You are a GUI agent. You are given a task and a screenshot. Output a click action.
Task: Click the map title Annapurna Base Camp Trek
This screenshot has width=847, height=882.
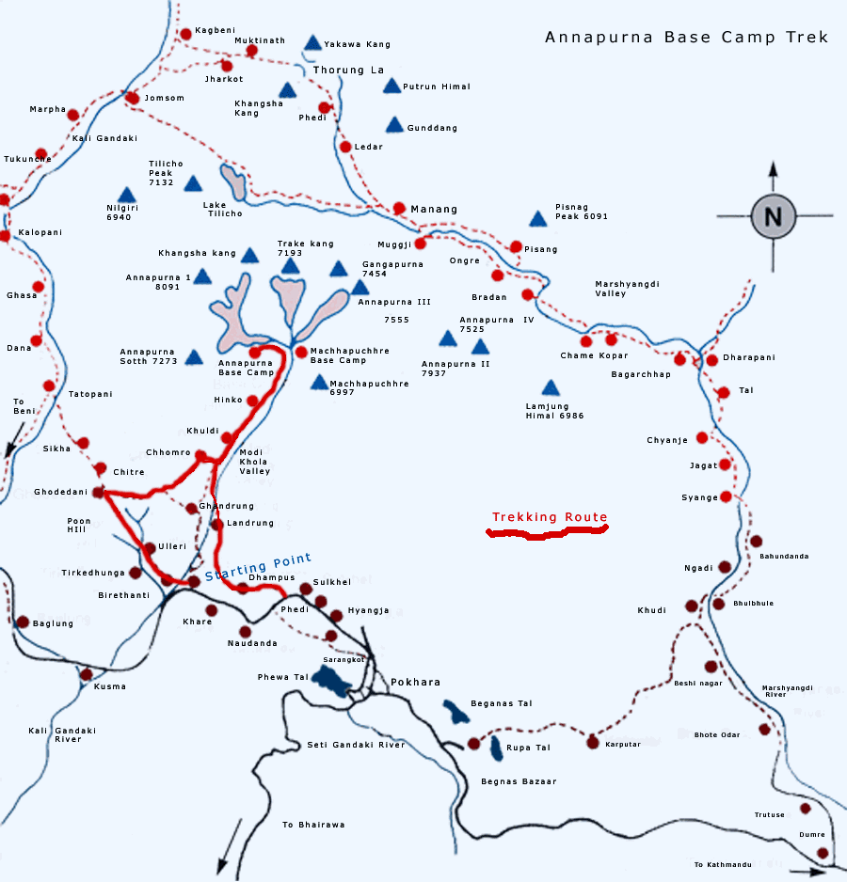point(686,38)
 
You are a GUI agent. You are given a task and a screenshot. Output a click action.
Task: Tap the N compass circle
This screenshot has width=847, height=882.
point(773,216)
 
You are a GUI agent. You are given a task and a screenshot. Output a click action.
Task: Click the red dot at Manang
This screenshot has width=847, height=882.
point(399,208)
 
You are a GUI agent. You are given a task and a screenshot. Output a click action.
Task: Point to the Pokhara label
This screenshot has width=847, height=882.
point(415,683)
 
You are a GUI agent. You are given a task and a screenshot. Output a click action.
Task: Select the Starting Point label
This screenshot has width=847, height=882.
point(258,567)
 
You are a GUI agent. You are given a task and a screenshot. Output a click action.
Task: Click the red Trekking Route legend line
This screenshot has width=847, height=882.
point(546,533)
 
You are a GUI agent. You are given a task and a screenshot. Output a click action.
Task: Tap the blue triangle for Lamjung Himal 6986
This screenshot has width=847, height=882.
point(551,388)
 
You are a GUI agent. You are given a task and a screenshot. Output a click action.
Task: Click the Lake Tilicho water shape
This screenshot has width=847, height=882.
point(234,181)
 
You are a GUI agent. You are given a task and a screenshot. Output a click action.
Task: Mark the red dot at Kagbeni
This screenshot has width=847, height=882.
point(185,34)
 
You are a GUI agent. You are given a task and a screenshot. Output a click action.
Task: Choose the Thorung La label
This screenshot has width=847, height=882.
point(348,70)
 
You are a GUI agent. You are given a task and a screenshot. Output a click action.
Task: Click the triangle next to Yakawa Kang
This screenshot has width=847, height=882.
point(312,42)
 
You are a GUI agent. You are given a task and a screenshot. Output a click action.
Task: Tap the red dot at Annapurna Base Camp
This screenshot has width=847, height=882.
point(254,352)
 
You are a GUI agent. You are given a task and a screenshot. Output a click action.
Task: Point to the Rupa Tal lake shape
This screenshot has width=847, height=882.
point(497,748)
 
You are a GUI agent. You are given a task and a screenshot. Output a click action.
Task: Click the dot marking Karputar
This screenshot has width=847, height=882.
point(592,742)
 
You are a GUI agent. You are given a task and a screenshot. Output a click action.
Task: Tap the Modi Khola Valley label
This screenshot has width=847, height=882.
point(254,462)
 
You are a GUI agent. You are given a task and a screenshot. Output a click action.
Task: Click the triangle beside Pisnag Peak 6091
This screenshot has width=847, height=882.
point(537,219)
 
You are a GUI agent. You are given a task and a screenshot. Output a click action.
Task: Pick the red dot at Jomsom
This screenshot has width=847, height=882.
point(133,98)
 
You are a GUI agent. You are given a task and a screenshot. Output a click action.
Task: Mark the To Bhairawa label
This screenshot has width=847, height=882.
point(313,825)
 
